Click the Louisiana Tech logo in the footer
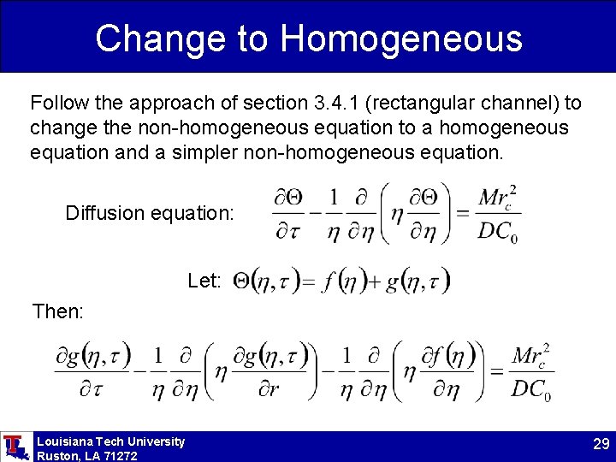[x=15, y=446]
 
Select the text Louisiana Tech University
[x=110, y=441]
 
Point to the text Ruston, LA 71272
[x=86, y=456]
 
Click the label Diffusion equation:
[x=149, y=212]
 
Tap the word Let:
[x=204, y=281]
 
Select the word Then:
[x=57, y=311]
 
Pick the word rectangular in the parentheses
[x=423, y=104]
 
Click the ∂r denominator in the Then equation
[x=269, y=391]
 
